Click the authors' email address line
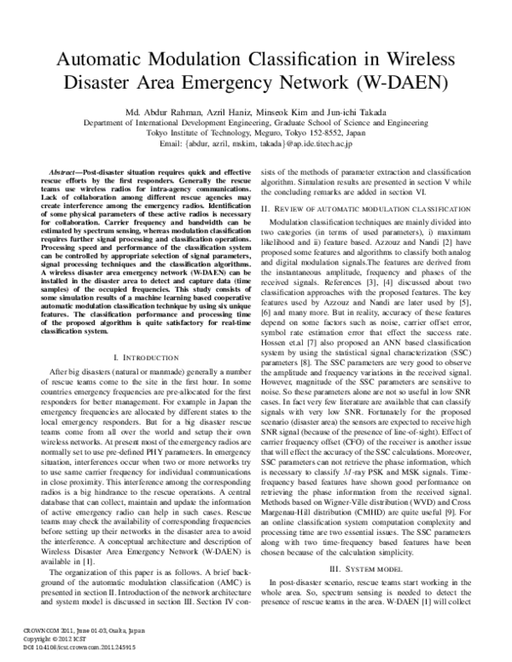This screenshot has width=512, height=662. [256, 144]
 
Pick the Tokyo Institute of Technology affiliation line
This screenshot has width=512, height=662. [256, 133]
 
